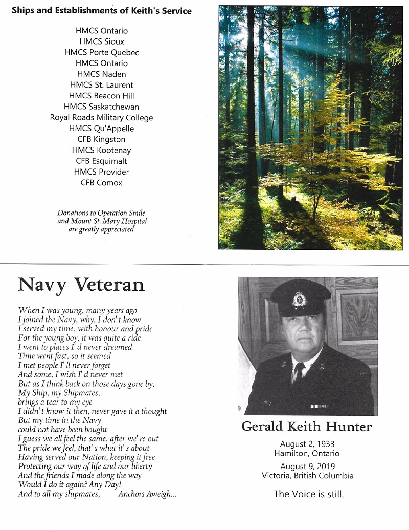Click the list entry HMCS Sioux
pos(102,41)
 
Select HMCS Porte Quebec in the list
pos(102,52)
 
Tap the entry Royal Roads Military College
pos(102,118)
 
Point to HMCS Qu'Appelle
pos(102,129)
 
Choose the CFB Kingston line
pos(102,139)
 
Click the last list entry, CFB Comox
pos(102,183)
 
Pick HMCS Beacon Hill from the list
pos(102,96)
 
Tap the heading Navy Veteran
pos(81,284)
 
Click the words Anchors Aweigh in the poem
pos(147,494)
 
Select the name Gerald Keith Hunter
pos(307,427)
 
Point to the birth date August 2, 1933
pos(307,444)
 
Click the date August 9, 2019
pos(307,467)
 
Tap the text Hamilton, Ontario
pos(307,453)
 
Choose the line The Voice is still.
pos(308,494)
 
